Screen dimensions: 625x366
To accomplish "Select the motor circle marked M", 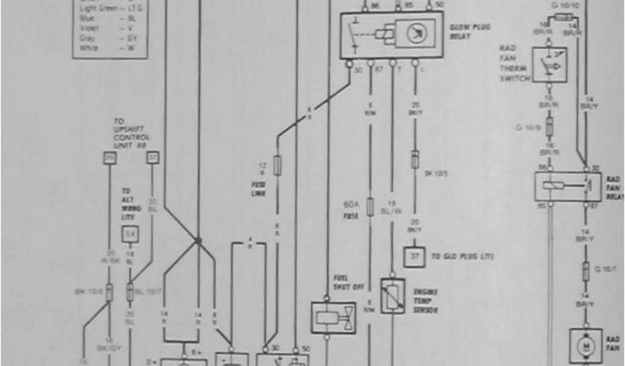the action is coord(585,346).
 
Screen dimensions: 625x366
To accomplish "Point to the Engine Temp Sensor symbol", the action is coord(392,296).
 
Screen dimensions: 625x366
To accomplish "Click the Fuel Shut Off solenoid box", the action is coord(333,317).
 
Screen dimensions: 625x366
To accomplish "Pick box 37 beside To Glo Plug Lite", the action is coord(411,257).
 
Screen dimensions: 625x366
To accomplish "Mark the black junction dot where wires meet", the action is coord(198,240).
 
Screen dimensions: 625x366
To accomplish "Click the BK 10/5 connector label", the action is coord(435,173).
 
